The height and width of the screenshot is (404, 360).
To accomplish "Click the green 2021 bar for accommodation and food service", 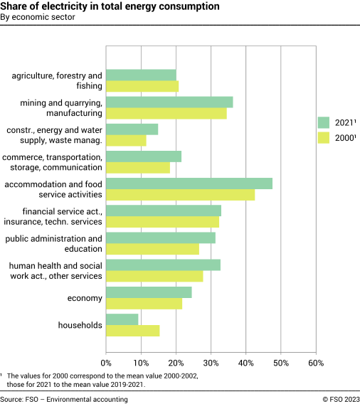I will pyautogui.click(x=189, y=184).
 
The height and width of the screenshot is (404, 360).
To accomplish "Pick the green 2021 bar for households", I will pyautogui.click(x=122, y=320).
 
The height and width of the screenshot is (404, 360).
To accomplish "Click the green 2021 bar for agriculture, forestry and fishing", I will pyautogui.click(x=141, y=75).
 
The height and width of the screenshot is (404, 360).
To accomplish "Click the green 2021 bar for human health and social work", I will pyautogui.click(x=163, y=265).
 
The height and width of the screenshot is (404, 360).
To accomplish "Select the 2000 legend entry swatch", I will pyautogui.click(x=324, y=137).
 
